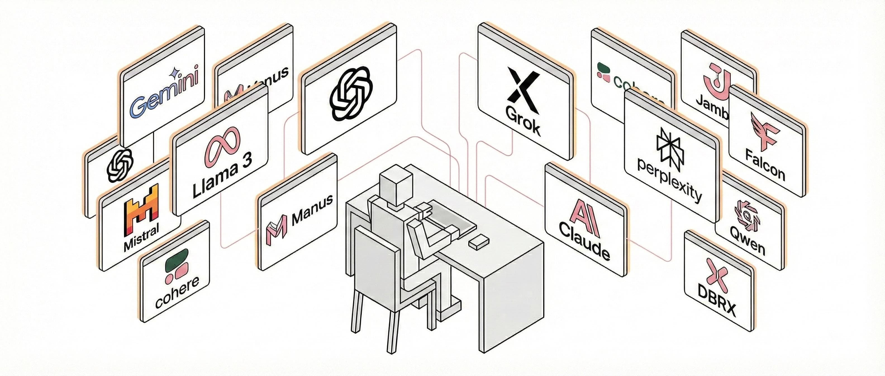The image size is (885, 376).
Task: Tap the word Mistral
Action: [142, 237]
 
